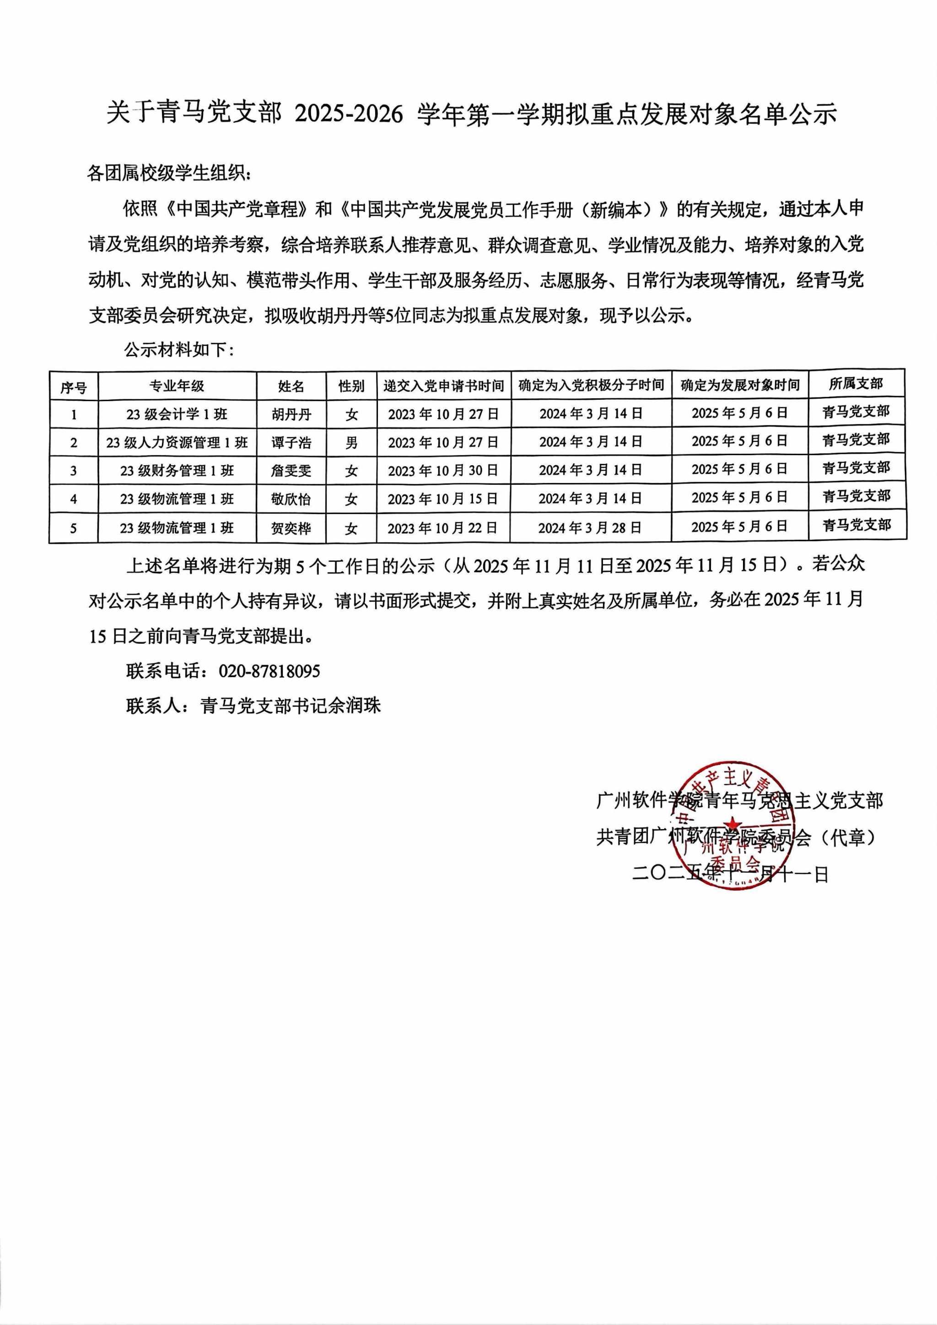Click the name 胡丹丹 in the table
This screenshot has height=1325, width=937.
tap(291, 414)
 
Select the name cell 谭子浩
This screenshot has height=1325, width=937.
tap(291, 442)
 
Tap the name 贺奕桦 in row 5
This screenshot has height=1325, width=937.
tap(291, 528)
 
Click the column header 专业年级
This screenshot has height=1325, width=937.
tap(177, 386)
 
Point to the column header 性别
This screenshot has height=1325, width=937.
tap(351, 386)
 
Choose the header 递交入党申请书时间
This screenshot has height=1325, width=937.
tap(443, 386)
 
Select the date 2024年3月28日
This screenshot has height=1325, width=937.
tap(590, 528)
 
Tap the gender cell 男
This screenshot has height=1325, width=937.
tap(351, 442)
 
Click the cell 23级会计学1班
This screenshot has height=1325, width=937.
tap(177, 414)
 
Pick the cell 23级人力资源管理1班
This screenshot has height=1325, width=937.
tap(177, 442)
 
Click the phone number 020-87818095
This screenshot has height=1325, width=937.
tap(269, 671)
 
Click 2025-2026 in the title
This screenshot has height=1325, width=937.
tap(349, 114)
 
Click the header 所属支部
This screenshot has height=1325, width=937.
tap(856, 384)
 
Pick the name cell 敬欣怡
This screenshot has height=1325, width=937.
tap(291, 499)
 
